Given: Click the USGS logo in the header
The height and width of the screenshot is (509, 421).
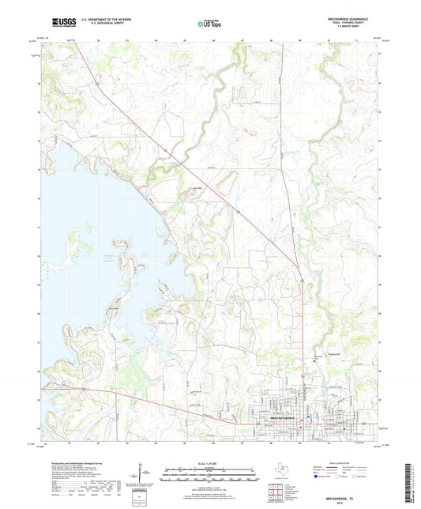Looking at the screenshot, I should click(x=58, y=23).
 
